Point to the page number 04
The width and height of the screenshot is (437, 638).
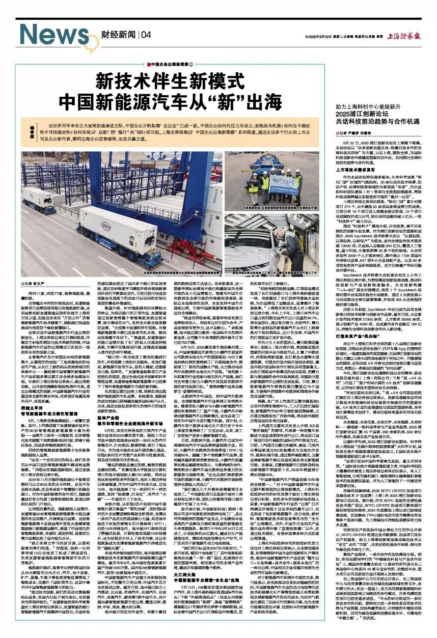click(x=146, y=35)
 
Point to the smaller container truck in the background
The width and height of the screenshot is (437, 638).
click(x=39, y=200)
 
